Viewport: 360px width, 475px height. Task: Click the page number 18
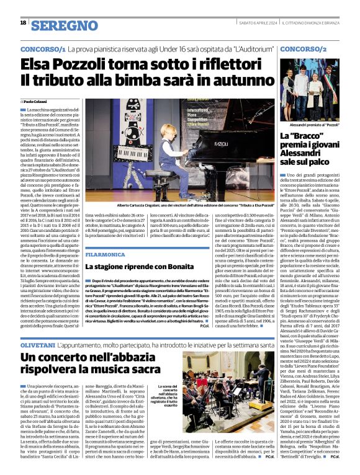(x=23, y=23)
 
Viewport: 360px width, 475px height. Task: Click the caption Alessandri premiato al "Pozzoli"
(x=311, y=124)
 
